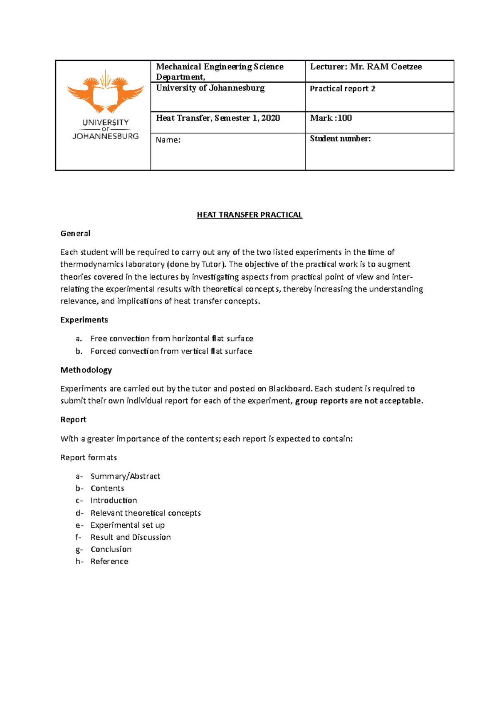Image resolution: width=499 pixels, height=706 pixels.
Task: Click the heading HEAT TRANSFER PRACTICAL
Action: coord(249,215)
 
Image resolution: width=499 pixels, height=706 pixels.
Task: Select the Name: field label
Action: coord(168,140)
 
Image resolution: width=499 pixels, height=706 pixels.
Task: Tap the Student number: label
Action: coord(340,139)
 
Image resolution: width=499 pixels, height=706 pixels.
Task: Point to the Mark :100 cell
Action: coord(331,118)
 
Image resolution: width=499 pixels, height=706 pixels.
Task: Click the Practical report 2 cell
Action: coord(343,89)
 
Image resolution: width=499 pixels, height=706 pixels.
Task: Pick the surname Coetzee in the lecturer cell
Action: coord(406,67)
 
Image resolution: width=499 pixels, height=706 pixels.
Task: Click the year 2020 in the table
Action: coord(270,118)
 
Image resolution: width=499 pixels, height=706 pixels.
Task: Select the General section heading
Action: coord(75,234)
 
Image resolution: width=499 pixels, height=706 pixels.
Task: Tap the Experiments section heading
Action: coord(84,320)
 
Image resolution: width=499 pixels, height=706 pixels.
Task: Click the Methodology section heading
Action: coord(86,370)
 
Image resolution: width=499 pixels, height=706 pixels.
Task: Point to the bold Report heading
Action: coord(73,420)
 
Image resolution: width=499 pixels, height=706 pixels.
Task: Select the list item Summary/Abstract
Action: coord(125,476)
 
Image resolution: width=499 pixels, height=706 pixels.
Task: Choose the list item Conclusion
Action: coord(111,549)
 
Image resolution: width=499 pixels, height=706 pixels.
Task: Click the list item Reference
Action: coord(109,561)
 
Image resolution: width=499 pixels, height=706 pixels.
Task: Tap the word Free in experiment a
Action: coord(99,338)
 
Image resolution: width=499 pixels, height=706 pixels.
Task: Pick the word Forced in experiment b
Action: coord(103,351)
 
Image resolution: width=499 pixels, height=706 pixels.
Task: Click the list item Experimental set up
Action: coord(128,525)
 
